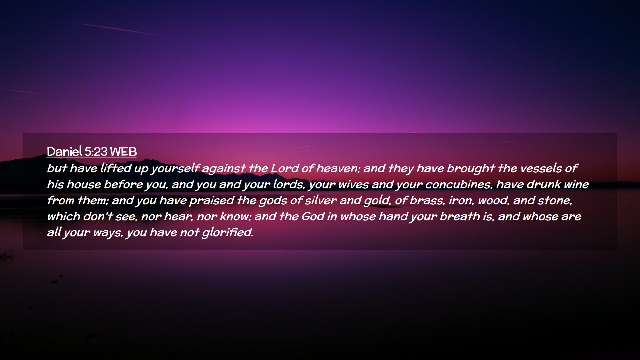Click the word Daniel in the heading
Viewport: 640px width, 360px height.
[65, 152]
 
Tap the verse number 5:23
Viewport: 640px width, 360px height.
[96, 152]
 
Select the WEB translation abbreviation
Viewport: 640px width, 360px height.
[123, 152]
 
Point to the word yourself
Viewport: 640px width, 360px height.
[175, 169]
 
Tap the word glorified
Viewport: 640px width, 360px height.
[228, 233]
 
